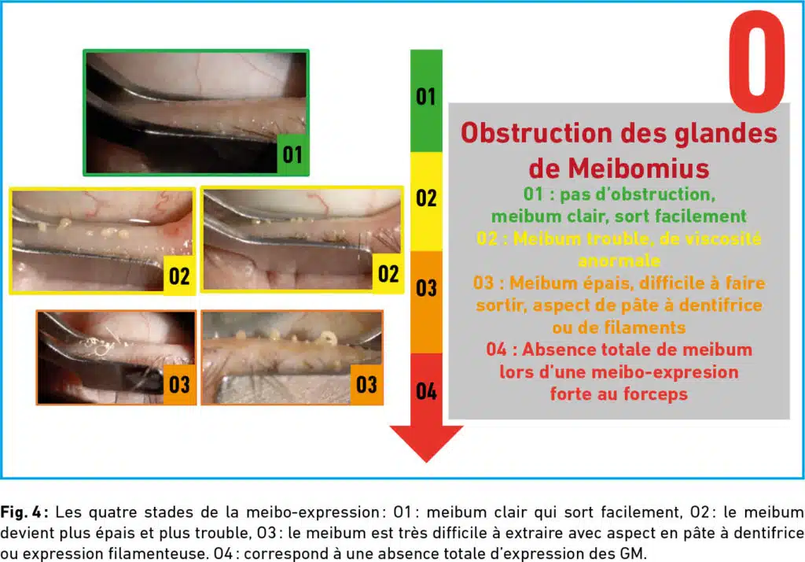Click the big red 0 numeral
click(x=757, y=61)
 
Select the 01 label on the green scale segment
click(x=425, y=97)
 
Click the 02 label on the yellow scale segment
click(x=426, y=198)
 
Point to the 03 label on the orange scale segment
click(x=426, y=288)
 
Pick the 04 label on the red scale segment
click(x=426, y=391)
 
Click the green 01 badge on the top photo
click(x=292, y=154)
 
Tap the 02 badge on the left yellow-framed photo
click(x=179, y=275)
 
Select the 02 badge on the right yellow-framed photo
click(x=388, y=274)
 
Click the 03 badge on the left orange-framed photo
click(x=179, y=385)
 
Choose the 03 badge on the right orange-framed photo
click(x=366, y=385)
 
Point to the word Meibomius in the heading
click(x=638, y=168)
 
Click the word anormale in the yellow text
click(x=619, y=261)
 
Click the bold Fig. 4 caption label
click(x=24, y=512)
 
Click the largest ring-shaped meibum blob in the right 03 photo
click(x=326, y=338)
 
